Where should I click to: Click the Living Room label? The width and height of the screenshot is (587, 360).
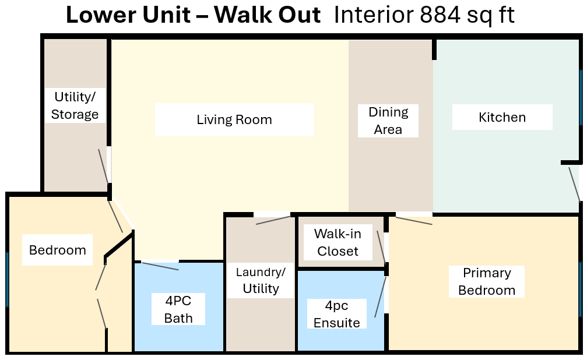[x=234, y=120]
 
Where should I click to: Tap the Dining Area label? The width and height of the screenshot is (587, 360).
[x=388, y=121]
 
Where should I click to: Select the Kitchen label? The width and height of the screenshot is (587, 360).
[x=502, y=117]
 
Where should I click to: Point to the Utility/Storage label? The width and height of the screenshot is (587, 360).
[x=75, y=105]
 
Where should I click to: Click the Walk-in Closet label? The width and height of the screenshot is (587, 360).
[x=338, y=242]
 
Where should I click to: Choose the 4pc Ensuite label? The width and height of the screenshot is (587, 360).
[x=336, y=314]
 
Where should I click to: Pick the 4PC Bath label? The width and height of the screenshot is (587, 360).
[x=178, y=309]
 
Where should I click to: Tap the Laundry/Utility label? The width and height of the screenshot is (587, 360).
[x=261, y=280]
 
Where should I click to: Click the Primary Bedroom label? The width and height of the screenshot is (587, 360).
[x=487, y=281]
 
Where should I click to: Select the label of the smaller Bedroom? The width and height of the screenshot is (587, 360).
[x=58, y=250]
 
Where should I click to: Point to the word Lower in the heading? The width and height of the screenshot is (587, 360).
[x=100, y=16]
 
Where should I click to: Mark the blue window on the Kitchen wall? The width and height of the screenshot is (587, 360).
[x=581, y=97]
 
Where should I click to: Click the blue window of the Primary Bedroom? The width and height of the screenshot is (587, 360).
[x=581, y=279]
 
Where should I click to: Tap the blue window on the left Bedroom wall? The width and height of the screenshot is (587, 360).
[x=7, y=279]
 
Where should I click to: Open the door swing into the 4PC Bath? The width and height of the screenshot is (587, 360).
[x=160, y=266]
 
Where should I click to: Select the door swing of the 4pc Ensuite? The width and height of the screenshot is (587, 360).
[x=381, y=297]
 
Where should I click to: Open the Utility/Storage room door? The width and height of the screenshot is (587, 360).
[x=104, y=166]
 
